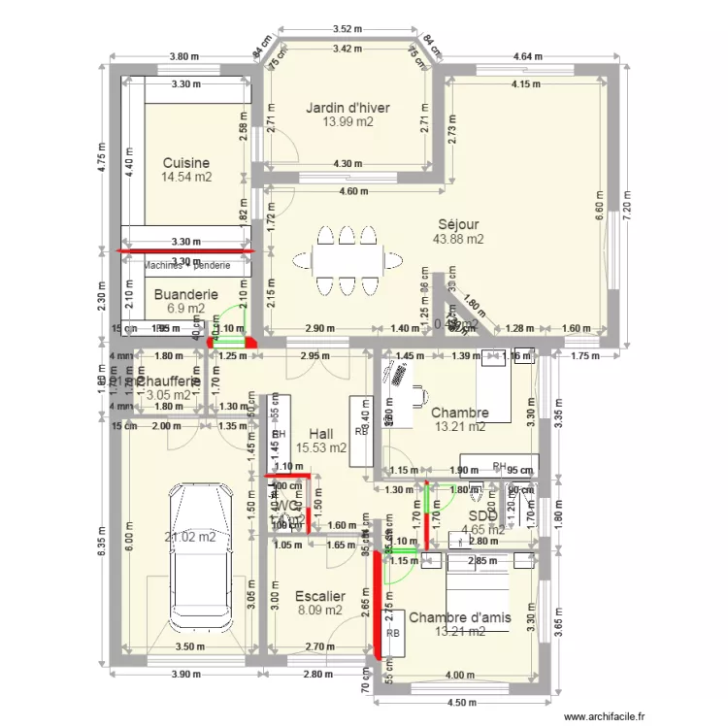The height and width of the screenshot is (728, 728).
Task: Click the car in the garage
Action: (x=203, y=558)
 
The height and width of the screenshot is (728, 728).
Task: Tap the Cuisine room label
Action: (x=186, y=163)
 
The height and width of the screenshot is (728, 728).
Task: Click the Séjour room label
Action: (x=459, y=224)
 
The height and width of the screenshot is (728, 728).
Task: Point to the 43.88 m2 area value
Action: (x=459, y=239)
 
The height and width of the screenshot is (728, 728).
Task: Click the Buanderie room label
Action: (x=185, y=294)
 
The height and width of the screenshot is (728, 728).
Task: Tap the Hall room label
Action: (x=322, y=434)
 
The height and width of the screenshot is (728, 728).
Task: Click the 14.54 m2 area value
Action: (x=186, y=178)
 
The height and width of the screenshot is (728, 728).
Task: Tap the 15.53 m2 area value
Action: (x=322, y=448)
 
